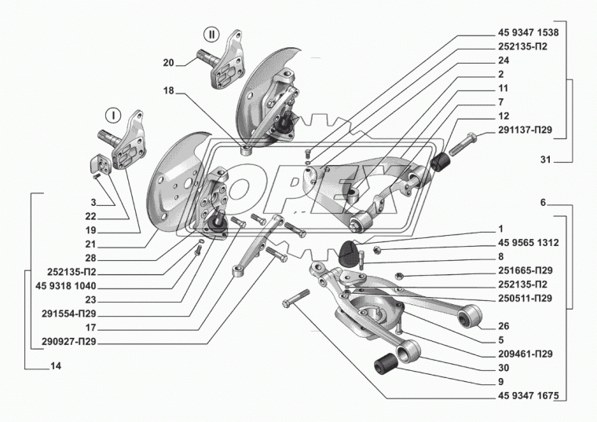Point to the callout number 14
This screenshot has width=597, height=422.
[x=54, y=366]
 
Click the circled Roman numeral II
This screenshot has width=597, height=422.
[x=211, y=34]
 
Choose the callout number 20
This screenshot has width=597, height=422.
[x=169, y=63]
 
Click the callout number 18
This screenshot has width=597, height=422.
[x=169, y=92]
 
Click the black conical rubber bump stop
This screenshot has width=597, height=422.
[x=348, y=254]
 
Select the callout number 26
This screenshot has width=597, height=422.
[x=503, y=326]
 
